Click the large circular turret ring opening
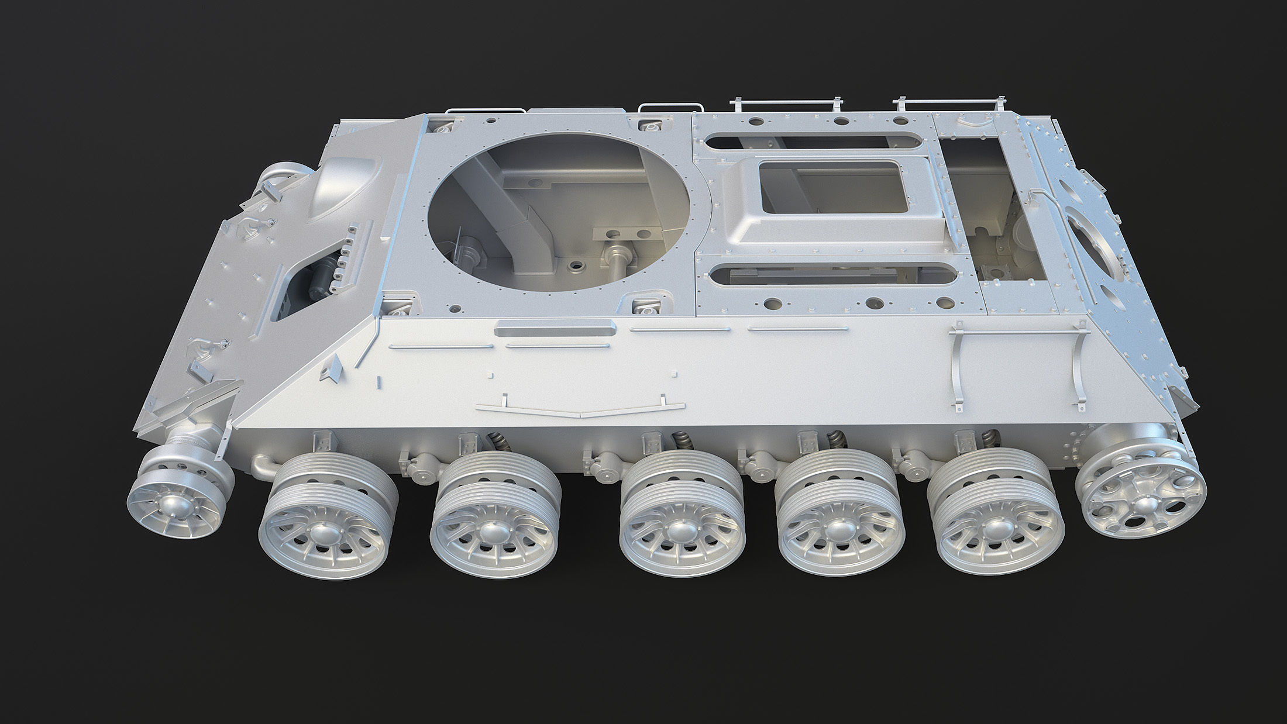(x=562, y=211)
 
